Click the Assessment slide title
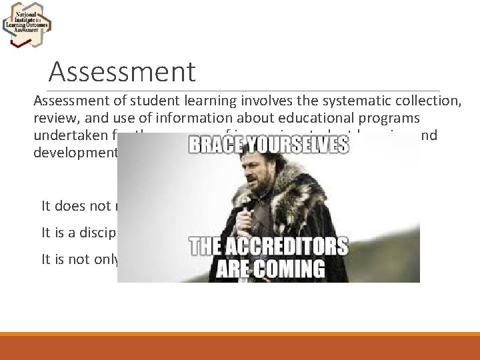coord(122,72)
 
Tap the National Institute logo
coord(27,25)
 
